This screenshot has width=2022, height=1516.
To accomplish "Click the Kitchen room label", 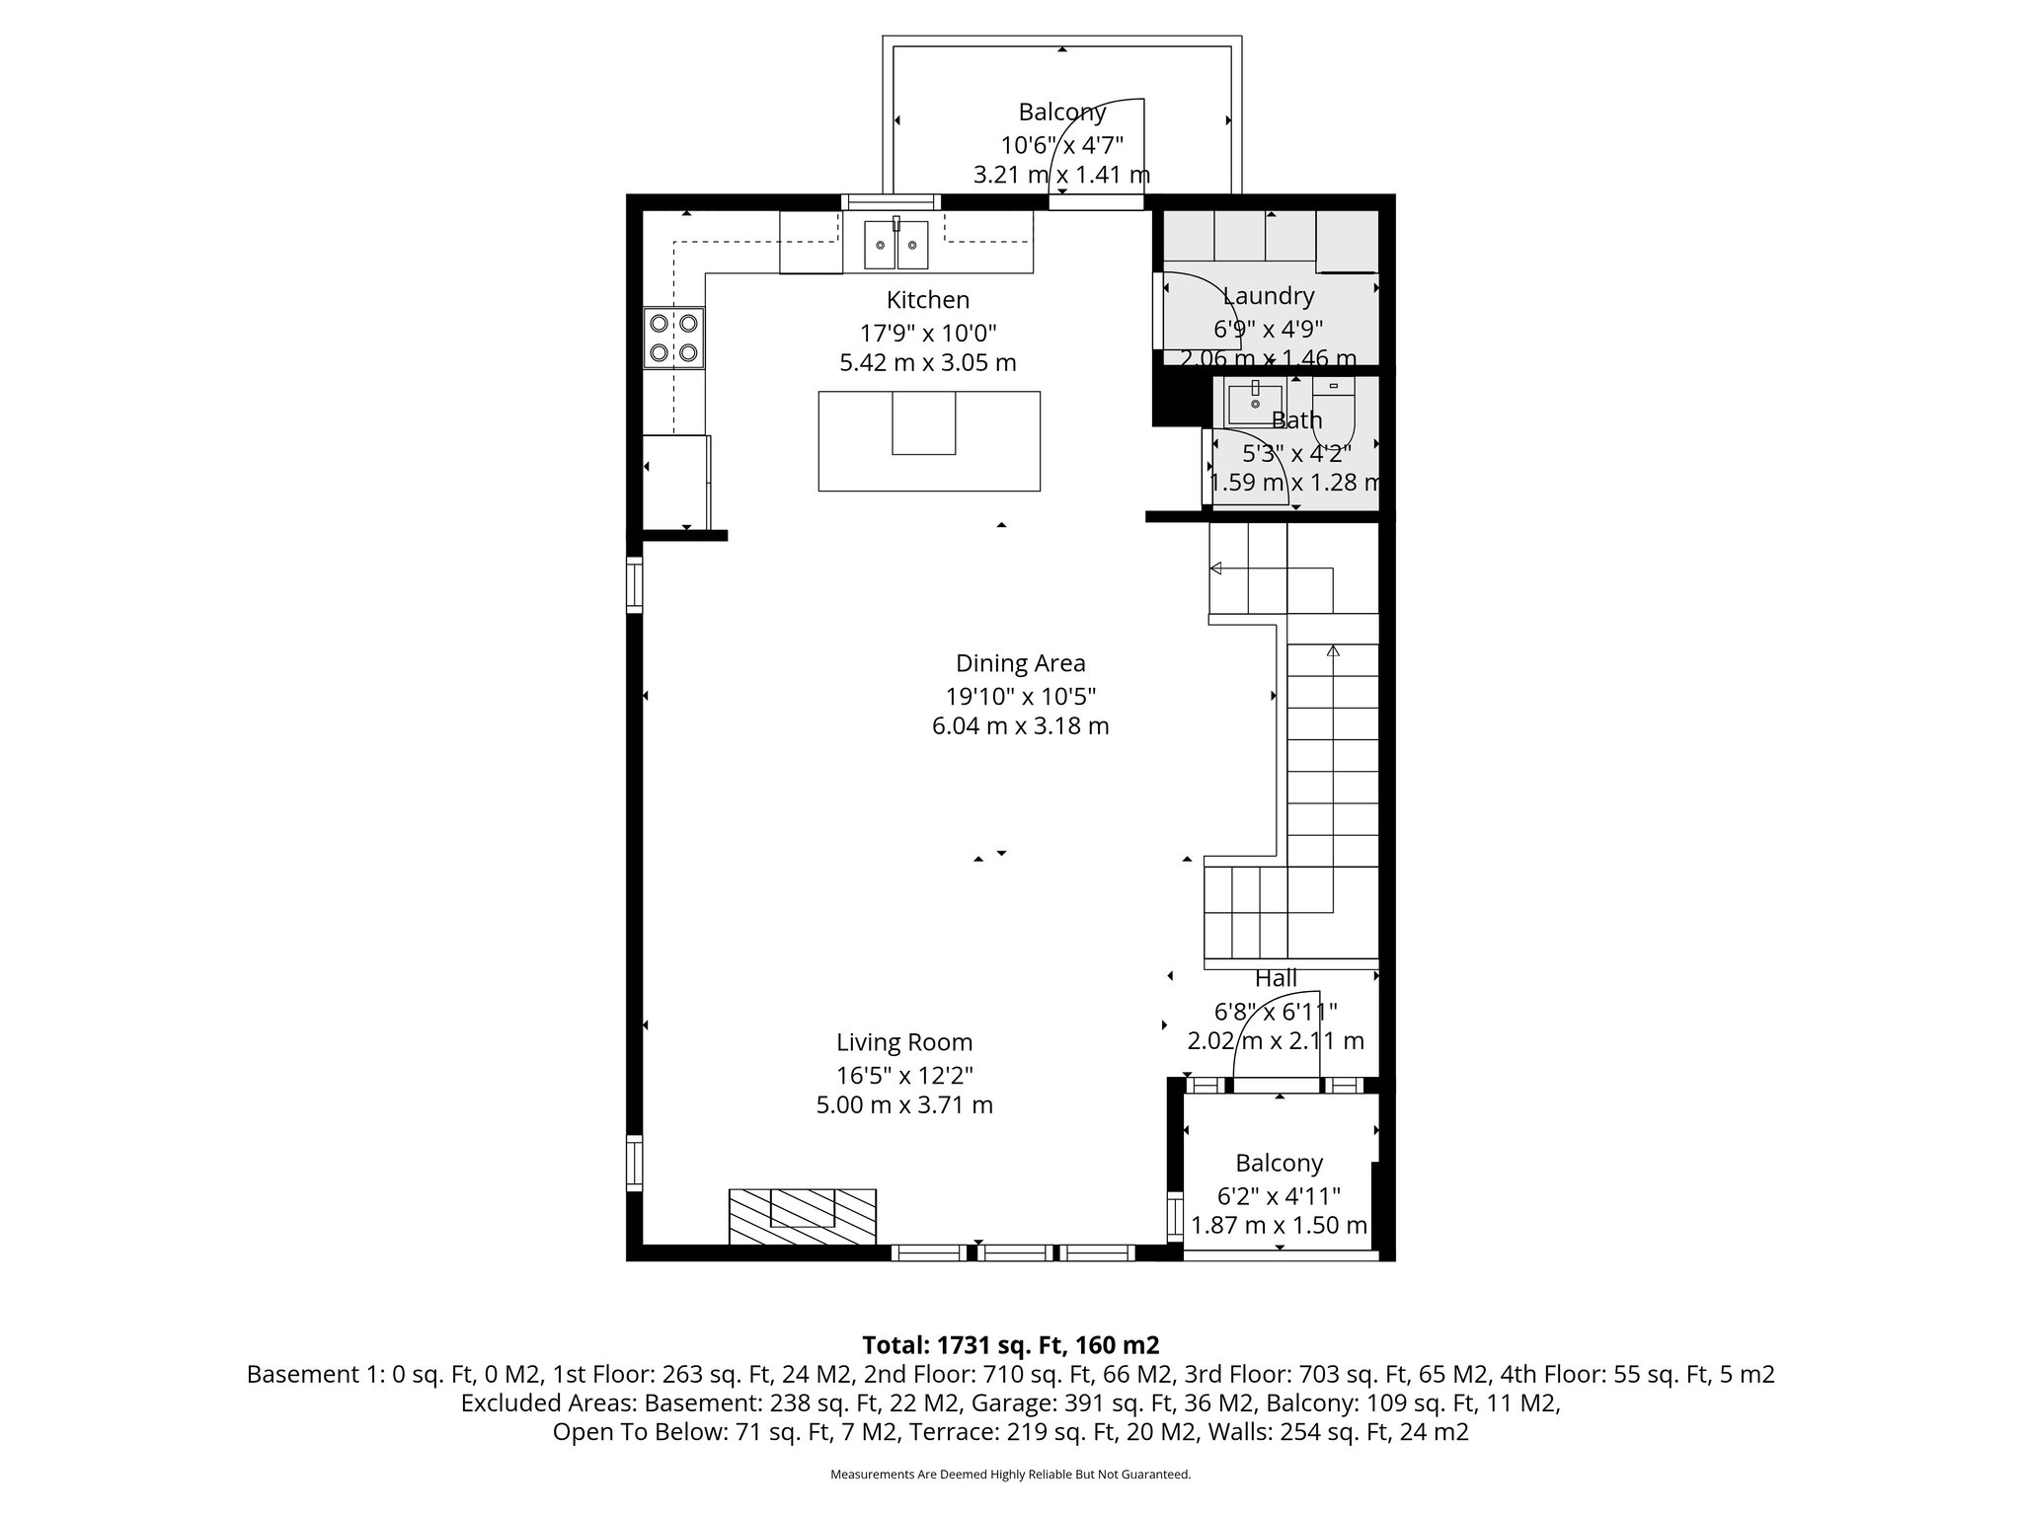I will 927,300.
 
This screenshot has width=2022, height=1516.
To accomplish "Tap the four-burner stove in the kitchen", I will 674,338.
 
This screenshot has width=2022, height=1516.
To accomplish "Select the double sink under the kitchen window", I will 896,245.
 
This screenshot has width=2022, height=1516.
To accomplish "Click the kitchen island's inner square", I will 923,422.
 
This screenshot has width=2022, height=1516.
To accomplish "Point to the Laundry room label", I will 1268,296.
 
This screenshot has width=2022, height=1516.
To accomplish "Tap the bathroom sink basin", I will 1254,404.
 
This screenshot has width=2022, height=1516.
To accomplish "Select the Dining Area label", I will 1020,663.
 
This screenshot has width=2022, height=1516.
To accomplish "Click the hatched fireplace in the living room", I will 803,1216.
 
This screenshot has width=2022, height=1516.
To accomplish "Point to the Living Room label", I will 904,1042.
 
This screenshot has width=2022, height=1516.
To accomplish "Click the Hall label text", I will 1276,978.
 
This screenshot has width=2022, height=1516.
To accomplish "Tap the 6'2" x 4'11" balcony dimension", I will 1279,1196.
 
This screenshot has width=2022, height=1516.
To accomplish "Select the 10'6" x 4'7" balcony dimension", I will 1061,146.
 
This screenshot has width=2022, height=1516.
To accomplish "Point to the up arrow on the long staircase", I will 1333,651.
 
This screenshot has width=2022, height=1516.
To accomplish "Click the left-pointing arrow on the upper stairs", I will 1216,568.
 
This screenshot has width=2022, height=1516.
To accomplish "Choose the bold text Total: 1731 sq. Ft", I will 1010,1345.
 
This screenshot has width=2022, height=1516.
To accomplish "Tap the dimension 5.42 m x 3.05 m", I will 927,363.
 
